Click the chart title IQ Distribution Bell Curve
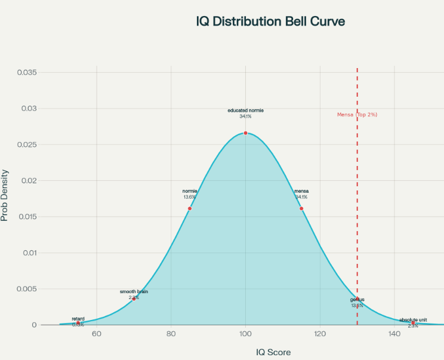pyautogui.click(x=270, y=21)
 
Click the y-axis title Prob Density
pyautogui.click(x=5, y=195)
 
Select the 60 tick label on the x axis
pyautogui.click(x=96, y=334)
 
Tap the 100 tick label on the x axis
pyautogui.click(x=245, y=334)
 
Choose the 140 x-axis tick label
pyautogui.click(x=394, y=334)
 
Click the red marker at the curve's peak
pyautogui.click(x=245, y=133)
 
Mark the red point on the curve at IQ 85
pyautogui.click(x=190, y=208)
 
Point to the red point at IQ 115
pyautogui.click(x=301, y=208)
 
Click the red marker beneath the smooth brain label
pyautogui.click(x=134, y=299)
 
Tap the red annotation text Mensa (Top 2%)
pyautogui.click(x=357, y=114)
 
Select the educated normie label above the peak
pyautogui.click(x=245, y=110)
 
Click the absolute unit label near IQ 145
pyautogui.click(x=413, y=319)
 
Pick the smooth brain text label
pyautogui.click(x=134, y=291)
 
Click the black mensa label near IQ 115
pyautogui.click(x=301, y=191)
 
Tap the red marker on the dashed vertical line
pyautogui.click(x=357, y=299)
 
